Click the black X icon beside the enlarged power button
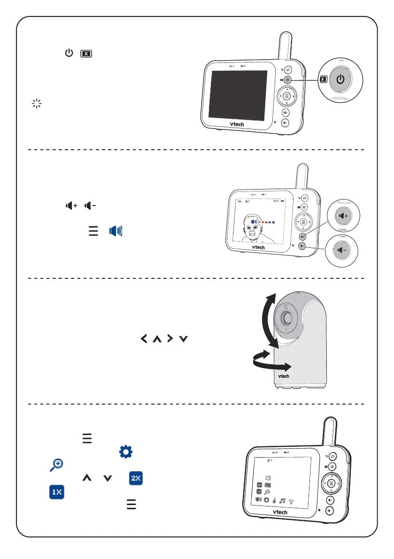[x=322, y=79]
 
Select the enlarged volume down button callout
[x=342, y=249]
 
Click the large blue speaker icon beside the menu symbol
[x=116, y=231]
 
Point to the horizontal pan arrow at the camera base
[x=272, y=364]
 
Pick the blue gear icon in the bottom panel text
[x=125, y=452]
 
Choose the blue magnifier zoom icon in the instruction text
[x=56, y=465]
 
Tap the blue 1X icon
[x=56, y=493]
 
